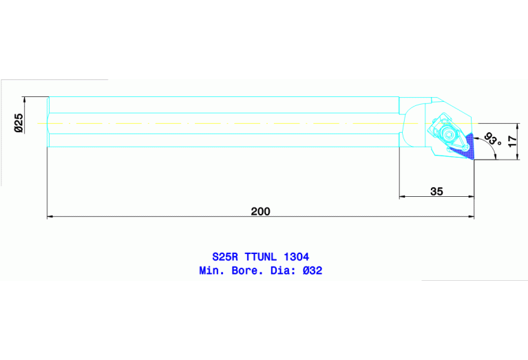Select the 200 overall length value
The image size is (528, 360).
tap(260, 211)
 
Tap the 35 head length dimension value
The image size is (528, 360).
tap(436, 191)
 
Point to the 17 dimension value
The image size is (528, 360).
tap(511, 140)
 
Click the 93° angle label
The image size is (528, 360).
tap(492, 140)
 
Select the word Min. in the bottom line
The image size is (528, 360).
tap(211, 271)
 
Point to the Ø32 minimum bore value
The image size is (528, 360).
tap(312, 271)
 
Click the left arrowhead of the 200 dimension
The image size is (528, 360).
tap(50, 218)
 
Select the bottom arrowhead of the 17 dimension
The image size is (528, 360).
tap(516, 158)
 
